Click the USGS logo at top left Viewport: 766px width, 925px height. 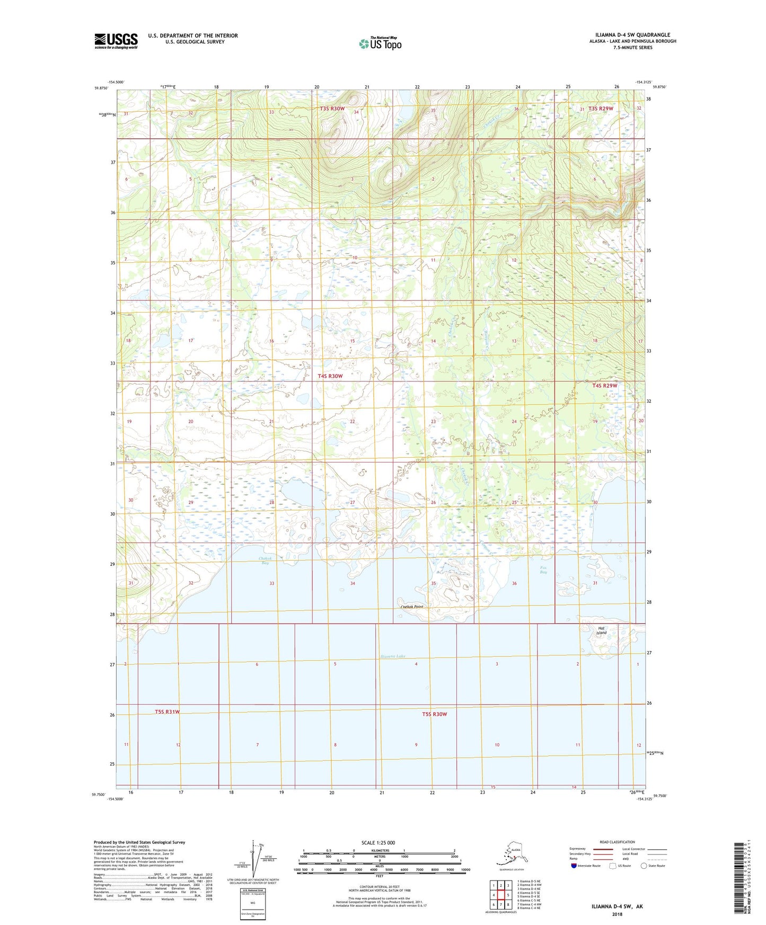(116, 41)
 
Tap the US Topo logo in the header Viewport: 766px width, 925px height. (380, 43)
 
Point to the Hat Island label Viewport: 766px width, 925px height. (601, 630)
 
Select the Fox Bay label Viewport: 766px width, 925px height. (543, 570)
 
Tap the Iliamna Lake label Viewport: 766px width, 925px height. (393, 656)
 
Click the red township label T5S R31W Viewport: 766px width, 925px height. (168, 711)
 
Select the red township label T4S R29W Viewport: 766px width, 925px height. (605, 386)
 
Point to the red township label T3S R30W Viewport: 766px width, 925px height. (332, 109)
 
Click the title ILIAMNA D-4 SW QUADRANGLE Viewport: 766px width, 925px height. (629, 35)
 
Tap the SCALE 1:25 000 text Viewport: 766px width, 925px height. (378, 842)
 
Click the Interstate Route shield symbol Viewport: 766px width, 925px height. (574, 866)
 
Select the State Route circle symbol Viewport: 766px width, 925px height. (644, 866)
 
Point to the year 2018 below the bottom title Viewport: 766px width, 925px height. (617, 914)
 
